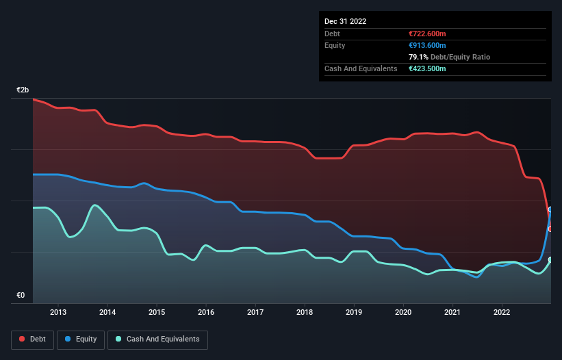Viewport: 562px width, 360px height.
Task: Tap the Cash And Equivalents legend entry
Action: tap(157, 339)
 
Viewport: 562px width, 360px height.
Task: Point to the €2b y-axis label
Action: tap(23, 90)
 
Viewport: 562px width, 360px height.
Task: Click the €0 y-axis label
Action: tap(21, 296)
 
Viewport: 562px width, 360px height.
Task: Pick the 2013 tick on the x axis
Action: tap(58, 313)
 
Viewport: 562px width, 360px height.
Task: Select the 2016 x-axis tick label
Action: tap(206, 313)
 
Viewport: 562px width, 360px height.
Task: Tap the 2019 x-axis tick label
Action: tap(354, 313)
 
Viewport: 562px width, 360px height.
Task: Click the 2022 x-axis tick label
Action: tap(502, 313)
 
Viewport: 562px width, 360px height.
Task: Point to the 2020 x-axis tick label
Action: tap(403, 313)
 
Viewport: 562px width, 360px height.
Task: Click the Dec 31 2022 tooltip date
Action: tap(346, 21)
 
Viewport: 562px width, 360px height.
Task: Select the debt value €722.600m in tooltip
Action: tap(427, 34)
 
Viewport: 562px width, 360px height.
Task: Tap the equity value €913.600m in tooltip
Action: tap(427, 45)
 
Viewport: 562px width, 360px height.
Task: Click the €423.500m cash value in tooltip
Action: tap(427, 68)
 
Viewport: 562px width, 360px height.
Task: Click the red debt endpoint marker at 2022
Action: tap(550, 229)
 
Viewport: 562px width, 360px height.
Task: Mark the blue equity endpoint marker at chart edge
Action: tap(550, 210)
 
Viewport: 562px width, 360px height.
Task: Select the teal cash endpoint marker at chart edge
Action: tap(550, 259)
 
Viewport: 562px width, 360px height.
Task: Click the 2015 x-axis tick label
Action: tap(157, 313)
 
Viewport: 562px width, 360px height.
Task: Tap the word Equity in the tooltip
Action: tap(335, 45)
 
